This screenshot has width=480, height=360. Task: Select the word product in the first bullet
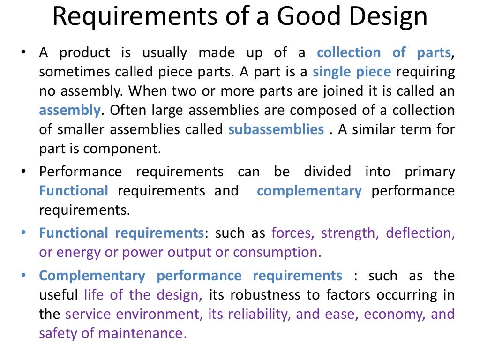[85, 52]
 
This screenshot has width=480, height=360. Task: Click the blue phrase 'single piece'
[352, 72]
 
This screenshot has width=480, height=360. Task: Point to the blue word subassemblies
[276, 129]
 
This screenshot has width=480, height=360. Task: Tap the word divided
[327, 172]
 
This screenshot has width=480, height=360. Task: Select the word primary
[430, 172]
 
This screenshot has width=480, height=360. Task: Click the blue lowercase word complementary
[309, 191]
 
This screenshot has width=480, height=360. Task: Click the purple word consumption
[277, 252]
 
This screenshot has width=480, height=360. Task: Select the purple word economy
[393, 314]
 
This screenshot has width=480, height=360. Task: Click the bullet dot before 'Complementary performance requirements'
[24, 276]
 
